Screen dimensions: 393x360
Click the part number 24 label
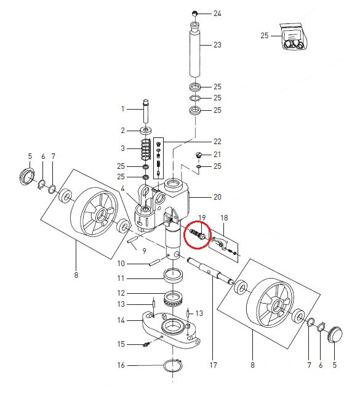(217, 13)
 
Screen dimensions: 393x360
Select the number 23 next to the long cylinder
(217, 45)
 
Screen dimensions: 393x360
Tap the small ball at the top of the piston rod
(194, 13)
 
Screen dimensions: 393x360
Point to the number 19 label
(201, 218)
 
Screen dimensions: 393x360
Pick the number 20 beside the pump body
(217, 197)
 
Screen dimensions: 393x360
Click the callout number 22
(217, 142)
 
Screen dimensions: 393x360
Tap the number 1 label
(122, 109)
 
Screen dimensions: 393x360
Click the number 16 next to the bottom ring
(121, 365)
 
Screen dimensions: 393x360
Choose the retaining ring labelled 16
(172, 366)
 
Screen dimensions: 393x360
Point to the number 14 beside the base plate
(121, 320)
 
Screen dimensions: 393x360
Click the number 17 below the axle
(213, 365)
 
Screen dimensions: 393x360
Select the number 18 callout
(224, 218)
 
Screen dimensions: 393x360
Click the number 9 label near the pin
(143, 251)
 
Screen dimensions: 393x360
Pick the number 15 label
(121, 344)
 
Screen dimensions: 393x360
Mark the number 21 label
(217, 155)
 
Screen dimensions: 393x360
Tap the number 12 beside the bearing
(121, 293)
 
